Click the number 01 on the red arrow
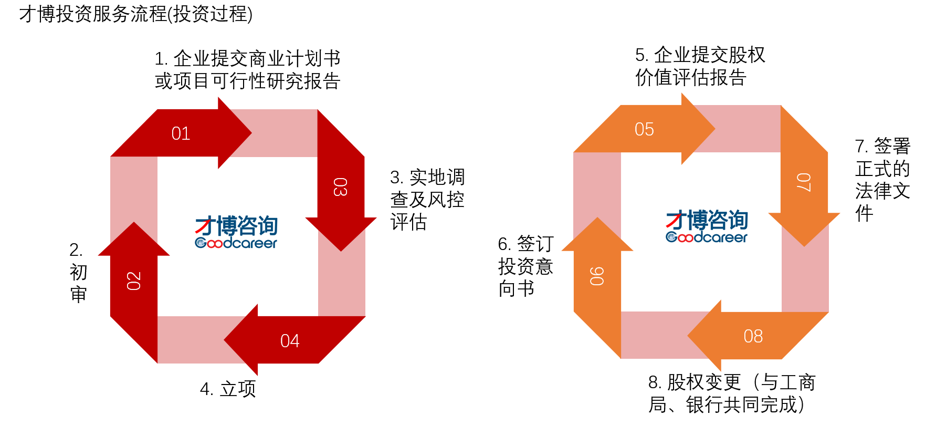[181, 133]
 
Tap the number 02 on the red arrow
[134, 281]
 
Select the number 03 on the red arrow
[340, 187]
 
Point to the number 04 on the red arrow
[290, 341]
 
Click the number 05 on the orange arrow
[644, 129]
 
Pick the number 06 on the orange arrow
[597, 276]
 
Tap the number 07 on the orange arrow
[804, 182]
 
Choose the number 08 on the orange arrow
[753, 336]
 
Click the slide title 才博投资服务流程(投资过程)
[136, 14]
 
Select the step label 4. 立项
[228, 389]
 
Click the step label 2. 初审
[78, 272]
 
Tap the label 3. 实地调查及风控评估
[427, 200]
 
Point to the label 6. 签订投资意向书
[526, 266]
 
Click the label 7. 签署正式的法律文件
[882, 179]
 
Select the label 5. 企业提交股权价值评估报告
[700, 66]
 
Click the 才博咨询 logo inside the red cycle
[236, 232]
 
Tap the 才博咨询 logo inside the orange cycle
[707, 226]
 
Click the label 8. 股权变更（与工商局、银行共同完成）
[732, 393]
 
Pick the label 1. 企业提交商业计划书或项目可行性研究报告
[248, 70]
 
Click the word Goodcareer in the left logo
[236, 243]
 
